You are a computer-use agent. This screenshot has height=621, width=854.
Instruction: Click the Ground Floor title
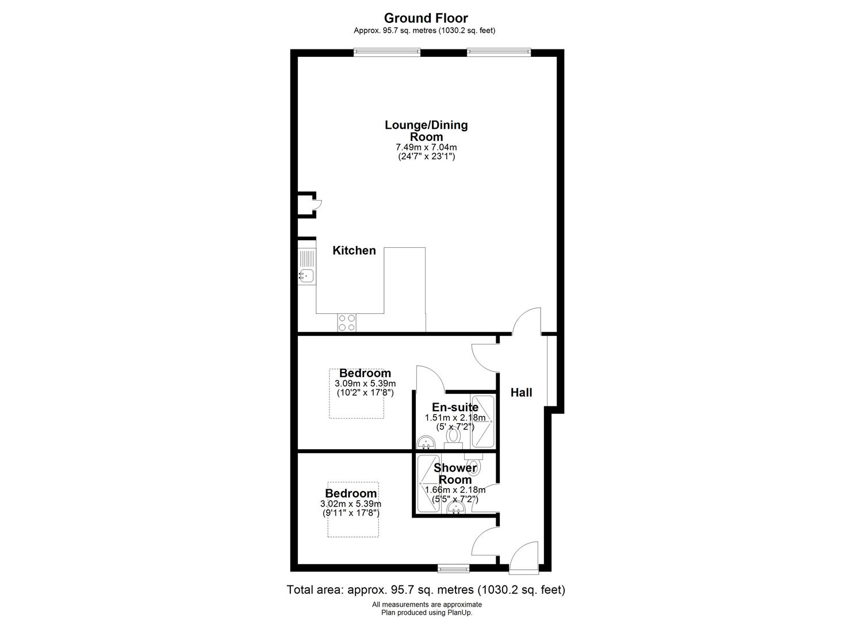426,18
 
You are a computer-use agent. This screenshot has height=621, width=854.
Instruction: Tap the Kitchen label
354,251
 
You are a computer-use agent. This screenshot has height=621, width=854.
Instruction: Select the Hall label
521,392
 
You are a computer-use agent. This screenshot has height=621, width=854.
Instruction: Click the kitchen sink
306,266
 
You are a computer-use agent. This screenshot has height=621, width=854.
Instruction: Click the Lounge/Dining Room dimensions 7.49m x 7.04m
426,147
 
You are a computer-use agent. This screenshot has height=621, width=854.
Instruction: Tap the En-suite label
455,407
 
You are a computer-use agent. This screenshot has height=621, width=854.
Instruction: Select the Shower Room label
455,473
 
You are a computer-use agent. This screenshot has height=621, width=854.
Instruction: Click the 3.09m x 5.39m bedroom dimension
365,384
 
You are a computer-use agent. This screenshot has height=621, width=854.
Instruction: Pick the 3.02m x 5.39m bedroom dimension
351,504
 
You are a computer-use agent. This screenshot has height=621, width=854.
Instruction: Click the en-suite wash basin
426,443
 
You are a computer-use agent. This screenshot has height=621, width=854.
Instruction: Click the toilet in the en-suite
454,439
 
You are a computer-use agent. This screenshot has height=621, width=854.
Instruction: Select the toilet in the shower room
473,464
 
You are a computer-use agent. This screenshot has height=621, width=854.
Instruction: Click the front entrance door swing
523,557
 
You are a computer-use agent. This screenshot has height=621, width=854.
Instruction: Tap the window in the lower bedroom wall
453,569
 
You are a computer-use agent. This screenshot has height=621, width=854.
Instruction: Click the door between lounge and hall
526,321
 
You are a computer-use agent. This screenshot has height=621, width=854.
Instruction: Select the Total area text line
426,589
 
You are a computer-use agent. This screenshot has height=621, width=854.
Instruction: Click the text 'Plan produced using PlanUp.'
427,612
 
